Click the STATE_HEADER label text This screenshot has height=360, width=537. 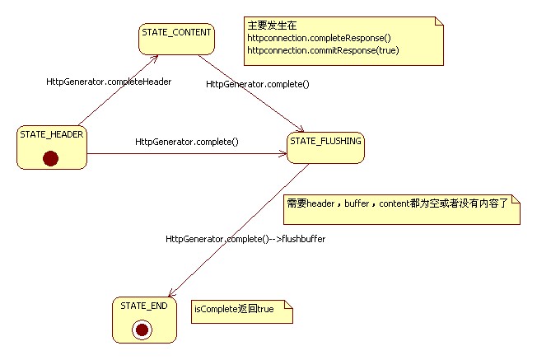51,135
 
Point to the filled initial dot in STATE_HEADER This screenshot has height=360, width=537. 51,158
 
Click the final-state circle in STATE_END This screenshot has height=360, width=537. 142,330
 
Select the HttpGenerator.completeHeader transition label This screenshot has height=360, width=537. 109,82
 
